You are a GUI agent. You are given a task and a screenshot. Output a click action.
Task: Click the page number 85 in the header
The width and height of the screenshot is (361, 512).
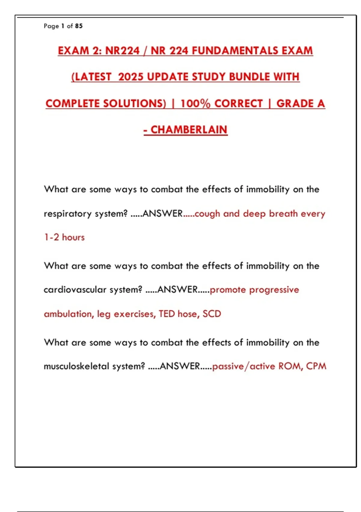79,26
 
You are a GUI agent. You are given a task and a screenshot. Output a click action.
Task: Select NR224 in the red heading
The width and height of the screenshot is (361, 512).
122,51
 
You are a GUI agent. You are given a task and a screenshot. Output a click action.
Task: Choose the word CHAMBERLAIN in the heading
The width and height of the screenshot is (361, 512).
189,130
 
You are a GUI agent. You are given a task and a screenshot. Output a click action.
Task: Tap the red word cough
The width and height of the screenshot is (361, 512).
207,214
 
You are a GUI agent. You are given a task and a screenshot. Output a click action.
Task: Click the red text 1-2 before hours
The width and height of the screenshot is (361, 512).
51,237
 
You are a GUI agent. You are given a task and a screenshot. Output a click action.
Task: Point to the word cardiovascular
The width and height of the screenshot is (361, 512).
75,290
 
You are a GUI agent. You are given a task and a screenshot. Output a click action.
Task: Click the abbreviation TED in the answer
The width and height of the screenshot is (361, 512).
167,314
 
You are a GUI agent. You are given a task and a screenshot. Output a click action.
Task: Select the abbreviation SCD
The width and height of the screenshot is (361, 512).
212,314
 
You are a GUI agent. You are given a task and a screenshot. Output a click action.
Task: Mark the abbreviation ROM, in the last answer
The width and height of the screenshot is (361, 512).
291,366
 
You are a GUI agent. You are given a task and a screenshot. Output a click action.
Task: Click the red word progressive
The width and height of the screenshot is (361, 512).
274,290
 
